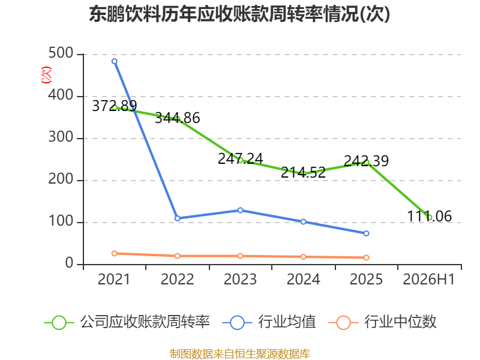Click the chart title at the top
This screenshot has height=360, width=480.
click(239, 14)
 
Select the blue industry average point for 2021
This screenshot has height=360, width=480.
click(115, 62)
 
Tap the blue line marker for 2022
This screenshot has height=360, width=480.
click(177, 218)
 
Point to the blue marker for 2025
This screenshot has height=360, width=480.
click(366, 233)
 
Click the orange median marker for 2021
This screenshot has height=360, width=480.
click(115, 253)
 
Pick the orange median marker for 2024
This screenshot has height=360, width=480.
click(304, 257)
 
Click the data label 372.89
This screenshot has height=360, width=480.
click(115, 106)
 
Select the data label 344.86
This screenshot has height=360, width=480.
click(178, 118)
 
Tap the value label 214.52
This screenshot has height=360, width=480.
click(304, 172)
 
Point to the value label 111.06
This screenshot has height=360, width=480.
click(429, 216)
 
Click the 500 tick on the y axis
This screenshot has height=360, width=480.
click(61, 53)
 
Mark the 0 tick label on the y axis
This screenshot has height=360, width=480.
click(69, 263)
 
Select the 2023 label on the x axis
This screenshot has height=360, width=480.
click(241, 279)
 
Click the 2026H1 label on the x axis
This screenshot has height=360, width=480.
click(429, 279)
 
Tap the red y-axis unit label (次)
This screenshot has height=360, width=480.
click(47, 75)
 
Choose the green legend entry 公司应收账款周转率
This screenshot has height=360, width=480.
click(127, 322)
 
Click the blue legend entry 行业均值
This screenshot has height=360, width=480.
click(269, 322)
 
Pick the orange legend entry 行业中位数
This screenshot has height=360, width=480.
click(382, 322)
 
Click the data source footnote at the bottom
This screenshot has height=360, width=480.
click(240, 354)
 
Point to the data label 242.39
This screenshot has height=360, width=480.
click(367, 161)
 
